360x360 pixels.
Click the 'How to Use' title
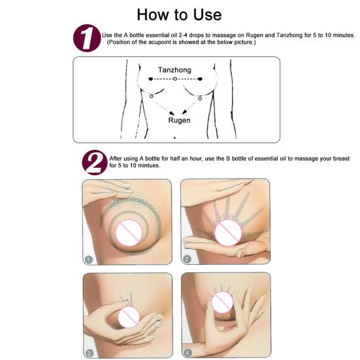tap(179, 14)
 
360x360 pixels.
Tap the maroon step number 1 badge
tap(87, 38)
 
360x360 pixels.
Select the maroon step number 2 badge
tap(95, 163)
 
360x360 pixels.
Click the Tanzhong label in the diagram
tap(174, 70)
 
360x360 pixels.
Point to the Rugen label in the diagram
tap(179, 120)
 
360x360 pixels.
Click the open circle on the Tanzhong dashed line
tap(175, 79)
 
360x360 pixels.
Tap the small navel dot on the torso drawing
tap(174, 138)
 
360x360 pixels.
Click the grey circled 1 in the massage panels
tap(89, 259)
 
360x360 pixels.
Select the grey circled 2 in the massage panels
tap(187, 259)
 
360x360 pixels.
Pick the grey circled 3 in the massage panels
tap(89, 353)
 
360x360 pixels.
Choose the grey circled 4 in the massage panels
tap(188, 353)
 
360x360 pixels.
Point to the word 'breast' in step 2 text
tap(341, 159)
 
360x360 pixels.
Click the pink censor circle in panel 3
tap(129, 316)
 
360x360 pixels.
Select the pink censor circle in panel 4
tap(222, 303)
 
